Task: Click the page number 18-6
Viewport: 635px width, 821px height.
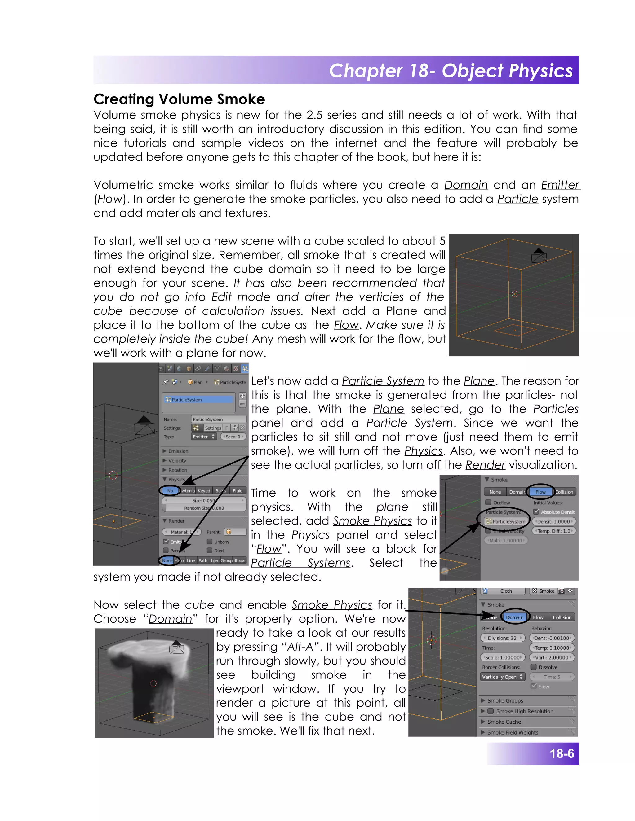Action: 561,753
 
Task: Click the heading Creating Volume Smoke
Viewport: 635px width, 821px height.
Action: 179,99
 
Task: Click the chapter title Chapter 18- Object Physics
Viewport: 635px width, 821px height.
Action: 450,71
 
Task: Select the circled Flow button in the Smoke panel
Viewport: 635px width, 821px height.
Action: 540,492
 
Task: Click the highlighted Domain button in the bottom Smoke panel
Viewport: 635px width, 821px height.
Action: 514,617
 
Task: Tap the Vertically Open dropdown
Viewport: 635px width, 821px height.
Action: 502,677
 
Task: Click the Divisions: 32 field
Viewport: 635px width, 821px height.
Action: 502,638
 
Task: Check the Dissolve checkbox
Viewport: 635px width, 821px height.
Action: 533,667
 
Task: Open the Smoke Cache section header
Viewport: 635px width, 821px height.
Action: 504,722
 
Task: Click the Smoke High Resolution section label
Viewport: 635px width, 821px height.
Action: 524,711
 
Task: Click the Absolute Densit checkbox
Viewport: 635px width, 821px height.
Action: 536,511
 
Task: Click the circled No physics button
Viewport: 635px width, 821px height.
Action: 170,490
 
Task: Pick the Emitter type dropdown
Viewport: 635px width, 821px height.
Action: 203,437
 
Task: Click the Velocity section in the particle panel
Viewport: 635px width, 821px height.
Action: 177,460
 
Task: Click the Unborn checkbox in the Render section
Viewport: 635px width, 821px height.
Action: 210,542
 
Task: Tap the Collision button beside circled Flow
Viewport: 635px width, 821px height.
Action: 564,492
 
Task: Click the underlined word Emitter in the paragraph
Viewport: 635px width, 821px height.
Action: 560,185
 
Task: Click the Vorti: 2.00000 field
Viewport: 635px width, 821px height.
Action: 552,657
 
